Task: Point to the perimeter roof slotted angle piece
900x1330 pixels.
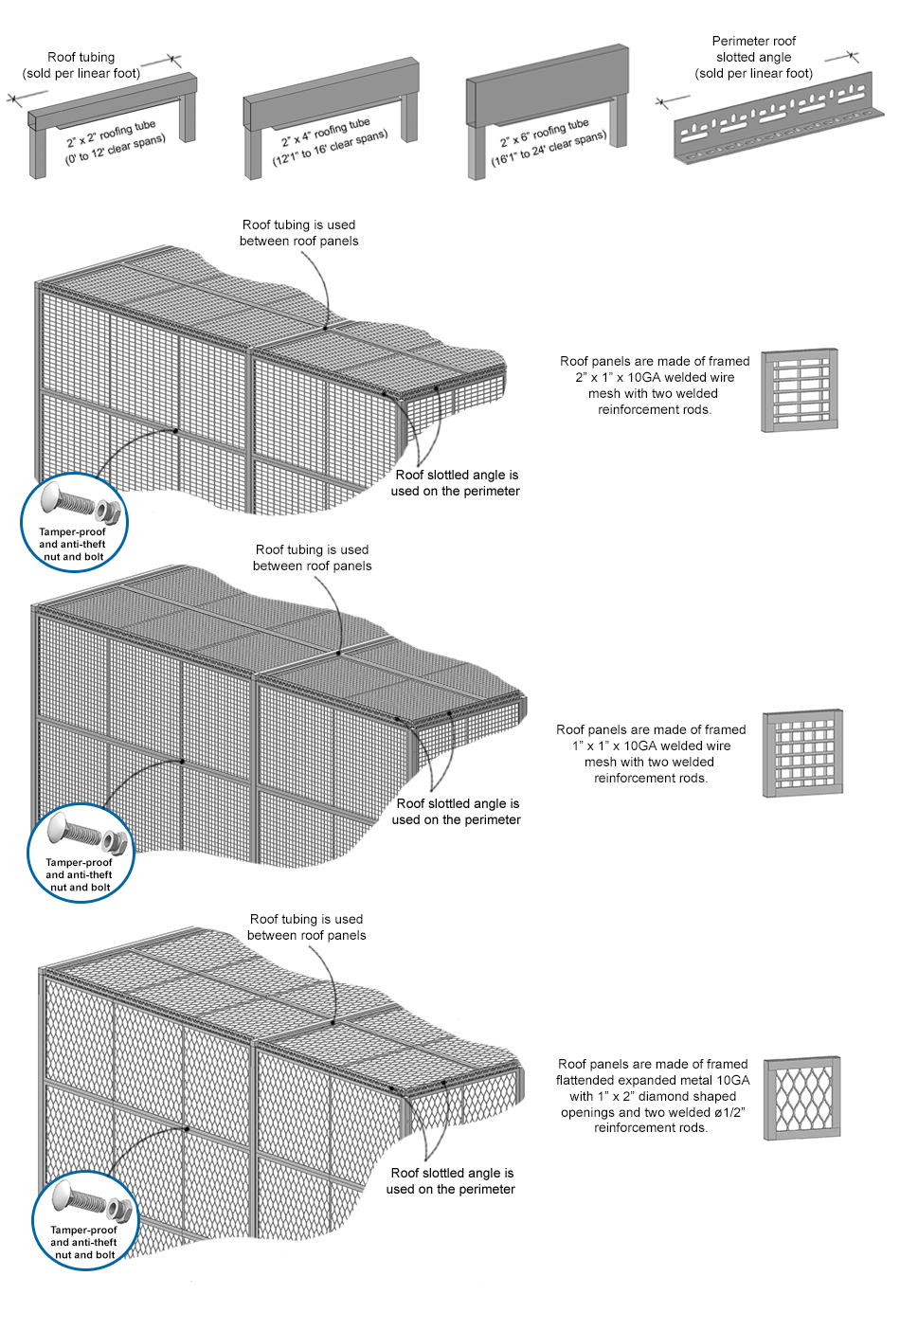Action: (773, 119)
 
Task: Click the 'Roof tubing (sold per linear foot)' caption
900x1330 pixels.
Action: (81, 65)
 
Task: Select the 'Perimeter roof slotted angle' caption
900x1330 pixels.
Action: (754, 57)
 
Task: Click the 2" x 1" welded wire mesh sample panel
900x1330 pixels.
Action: (801, 390)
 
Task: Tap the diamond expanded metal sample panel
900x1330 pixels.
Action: (802, 1097)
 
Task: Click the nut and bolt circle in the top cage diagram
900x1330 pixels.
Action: (74, 522)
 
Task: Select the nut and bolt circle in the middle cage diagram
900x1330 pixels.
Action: (81, 853)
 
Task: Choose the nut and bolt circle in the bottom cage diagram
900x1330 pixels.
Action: (85, 1220)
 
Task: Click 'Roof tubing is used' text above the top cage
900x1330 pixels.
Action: (299, 225)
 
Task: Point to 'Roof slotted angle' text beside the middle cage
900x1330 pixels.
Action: (458, 804)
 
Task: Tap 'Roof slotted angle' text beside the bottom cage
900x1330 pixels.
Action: (452, 1174)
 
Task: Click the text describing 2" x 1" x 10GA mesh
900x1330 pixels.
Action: (654, 386)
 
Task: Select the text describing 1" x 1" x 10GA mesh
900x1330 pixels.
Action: (651, 754)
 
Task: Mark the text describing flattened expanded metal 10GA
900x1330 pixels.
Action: (652, 1096)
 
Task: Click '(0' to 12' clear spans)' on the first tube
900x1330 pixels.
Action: (115, 151)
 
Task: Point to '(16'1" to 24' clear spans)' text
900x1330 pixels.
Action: (549, 150)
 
